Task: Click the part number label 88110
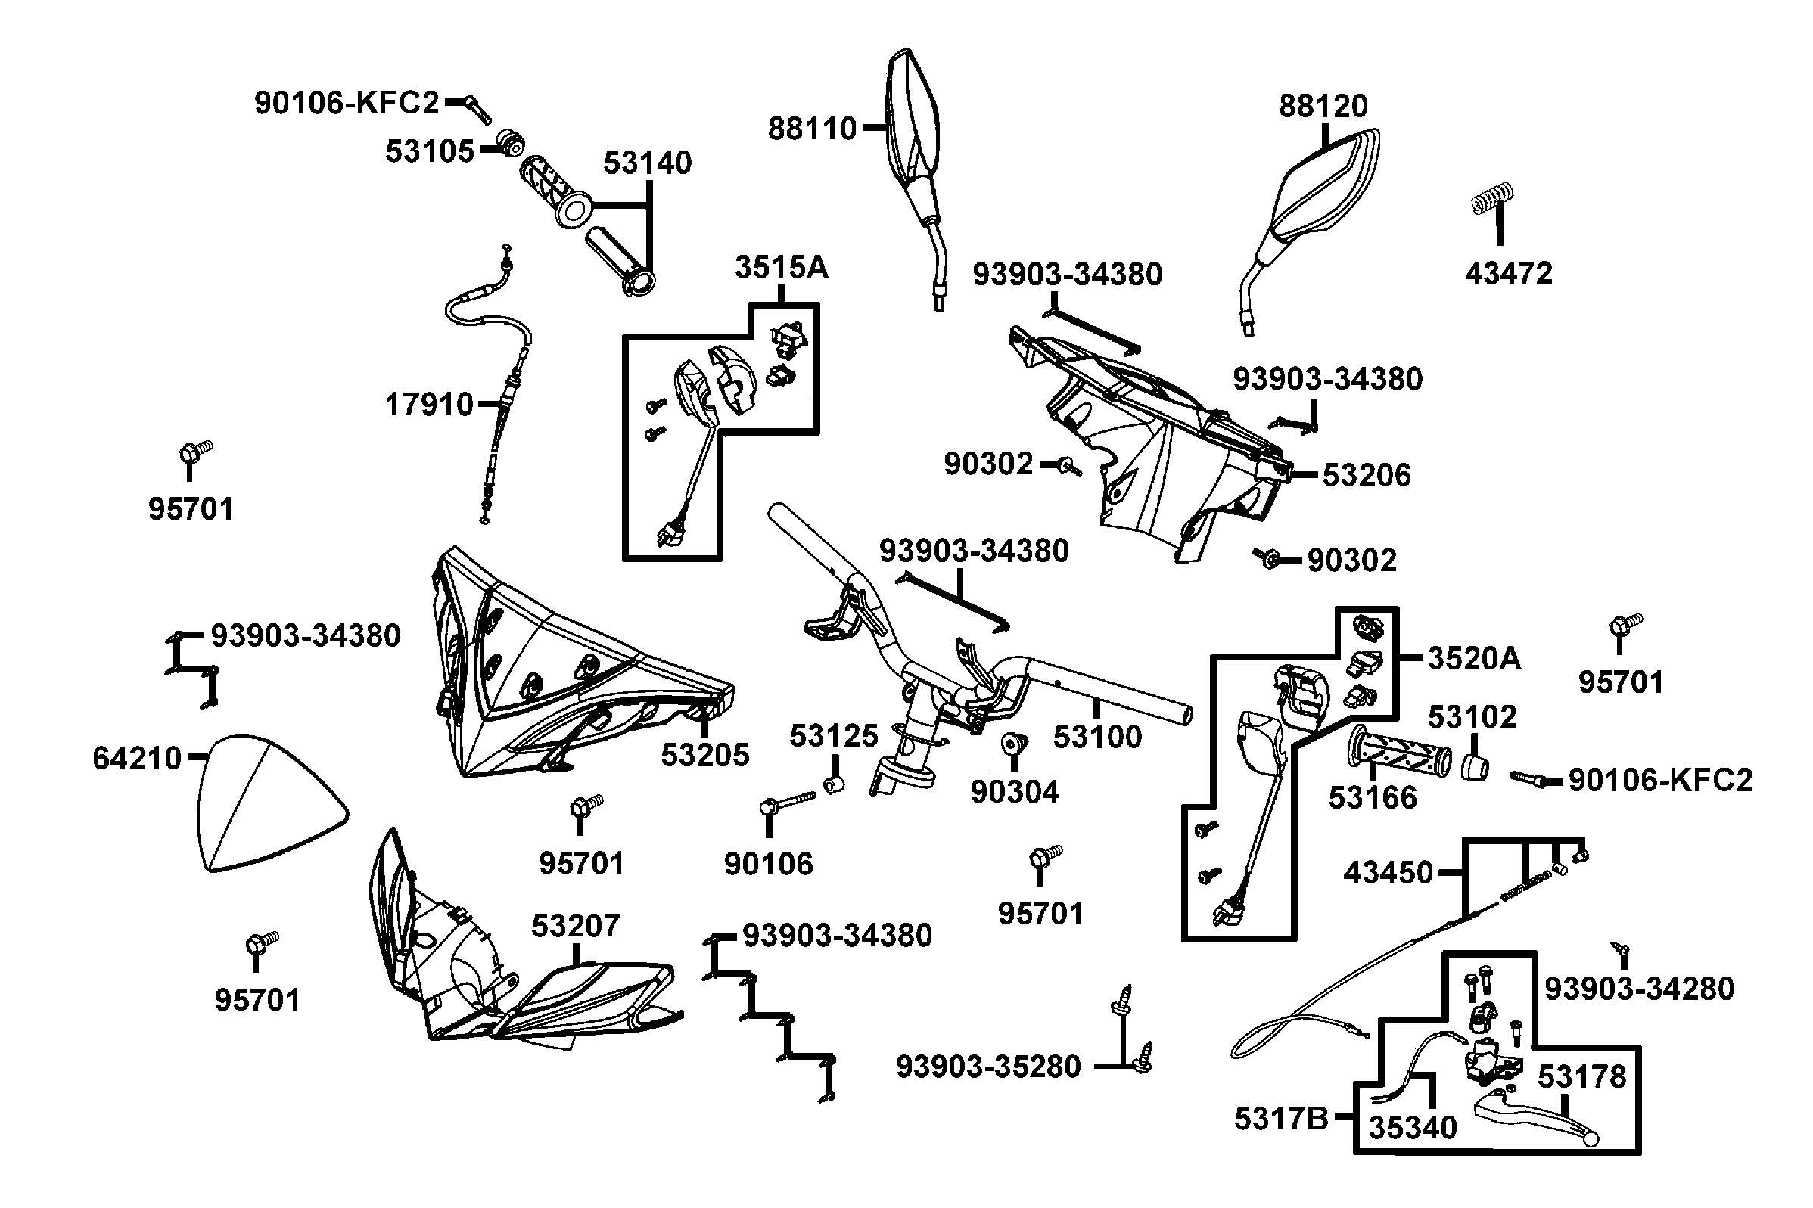pyautogui.click(x=811, y=129)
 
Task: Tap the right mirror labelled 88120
pyautogui.click(x=1310, y=193)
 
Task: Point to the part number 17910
pyautogui.click(x=428, y=404)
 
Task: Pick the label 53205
pyautogui.click(x=704, y=755)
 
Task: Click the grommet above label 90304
pyautogui.click(x=1010, y=744)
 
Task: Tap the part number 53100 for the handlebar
pyautogui.click(x=1097, y=737)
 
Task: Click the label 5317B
pyautogui.click(x=1280, y=1119)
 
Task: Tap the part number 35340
pyautogui.click(x=1412, y=1128)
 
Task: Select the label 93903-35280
pyautogui.click(x=987, y=1067)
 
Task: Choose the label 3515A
pyautogui.click(x=781, y=266)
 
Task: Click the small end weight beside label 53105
pyautogui.click(x=508, y=142)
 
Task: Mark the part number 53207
pyautogui.click(x=575, y=925)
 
